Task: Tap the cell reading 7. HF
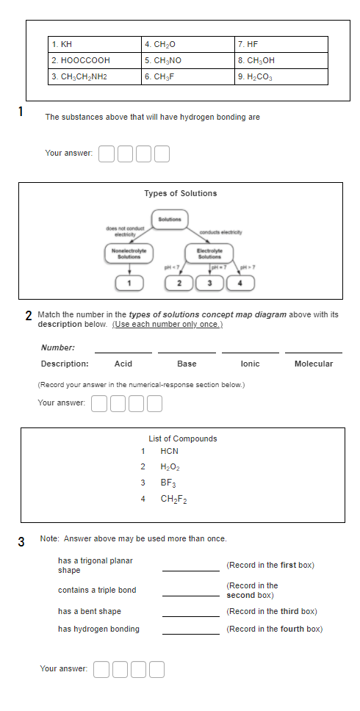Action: (281, 45)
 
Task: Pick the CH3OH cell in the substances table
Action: (281, 60)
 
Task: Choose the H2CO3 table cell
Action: (281, 76)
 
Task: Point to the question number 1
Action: (21, 112)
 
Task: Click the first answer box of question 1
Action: (107, 154)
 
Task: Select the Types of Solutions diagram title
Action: (181, 193)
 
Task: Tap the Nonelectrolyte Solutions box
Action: (129, 253)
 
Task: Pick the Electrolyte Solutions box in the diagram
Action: (209, 253)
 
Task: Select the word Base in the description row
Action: (187, 364)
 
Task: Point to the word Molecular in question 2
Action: (314, 364)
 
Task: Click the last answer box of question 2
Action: (154, 403)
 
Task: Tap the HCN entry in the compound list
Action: (169, 451)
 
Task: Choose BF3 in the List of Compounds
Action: (168, 483)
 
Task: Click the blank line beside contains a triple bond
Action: (190, 593)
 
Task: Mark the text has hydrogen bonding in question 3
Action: (98, 629)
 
